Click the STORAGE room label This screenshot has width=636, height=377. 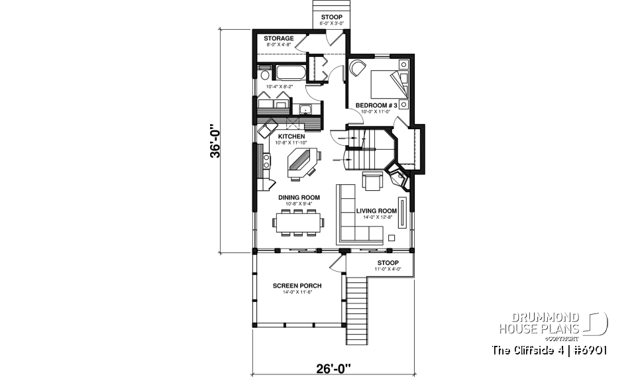(278, 38)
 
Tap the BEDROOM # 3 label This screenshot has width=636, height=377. (376, 105)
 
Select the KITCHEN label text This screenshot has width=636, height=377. (291, 136)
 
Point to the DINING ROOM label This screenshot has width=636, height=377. (299, 197)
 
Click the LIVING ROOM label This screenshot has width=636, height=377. (376, 211)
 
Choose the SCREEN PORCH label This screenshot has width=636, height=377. (297, 286)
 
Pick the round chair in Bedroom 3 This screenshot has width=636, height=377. (357, 68)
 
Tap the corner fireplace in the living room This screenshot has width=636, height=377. (399, 178)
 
